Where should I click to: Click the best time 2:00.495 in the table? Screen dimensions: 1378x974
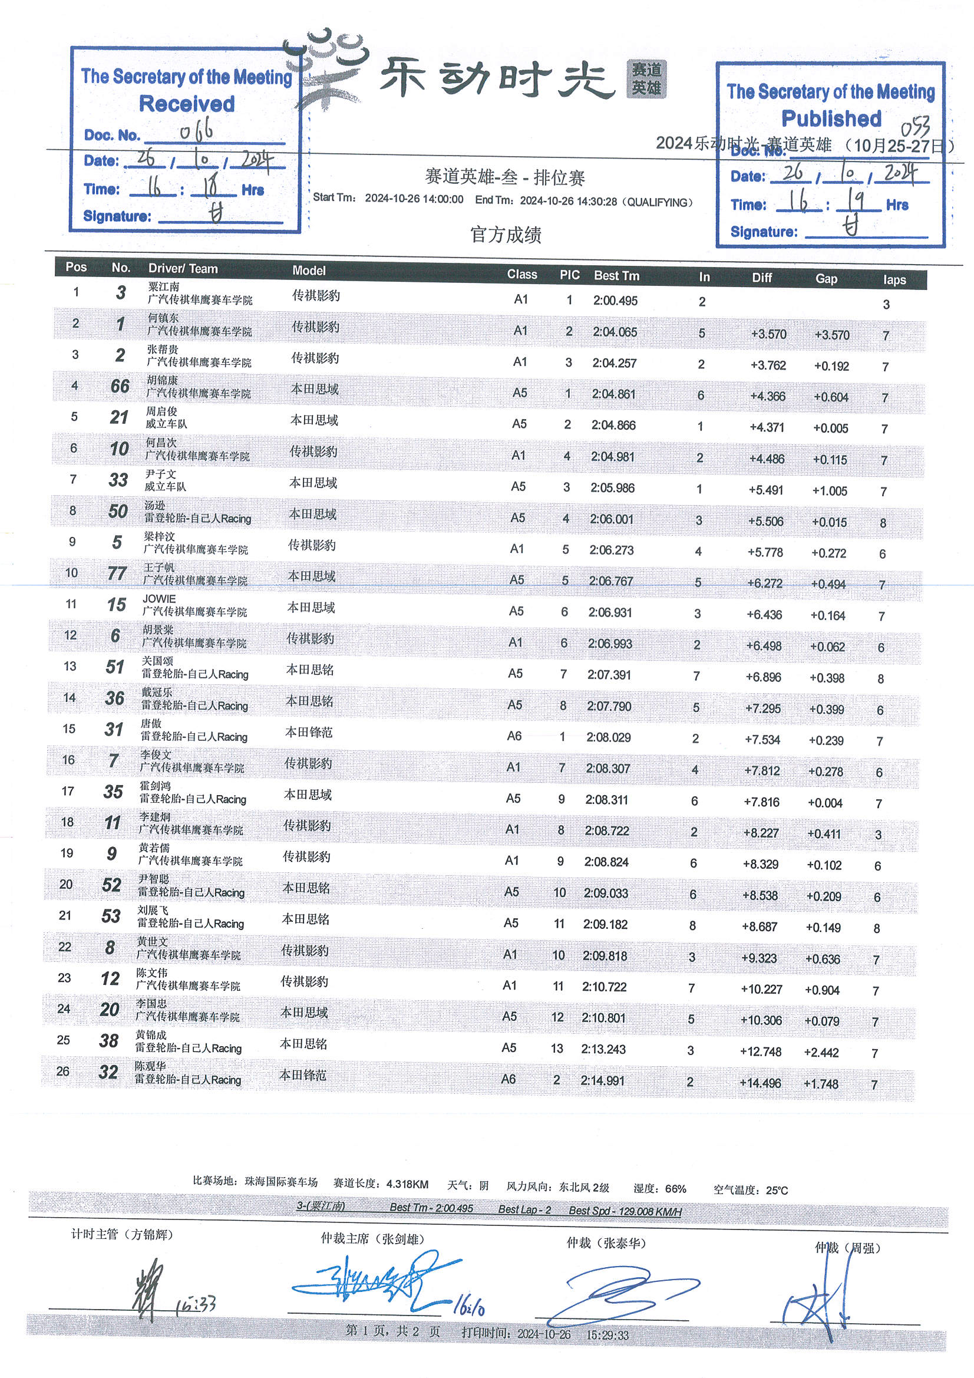[x=615, y=301]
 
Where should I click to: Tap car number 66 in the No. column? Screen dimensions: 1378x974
[x=120, y=386]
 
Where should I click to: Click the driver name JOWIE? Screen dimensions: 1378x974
[x=159, y=598]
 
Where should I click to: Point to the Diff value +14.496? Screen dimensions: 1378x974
[x=760, y=1083]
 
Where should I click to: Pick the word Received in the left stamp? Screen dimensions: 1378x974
[x=187, y=104]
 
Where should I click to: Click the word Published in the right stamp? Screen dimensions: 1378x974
[x=831, y=119]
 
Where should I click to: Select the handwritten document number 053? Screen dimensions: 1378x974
[x=915, y=127]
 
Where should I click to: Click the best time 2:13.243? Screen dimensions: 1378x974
[x=603, y=1049]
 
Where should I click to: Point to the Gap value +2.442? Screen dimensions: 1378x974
[x=821, y=1052]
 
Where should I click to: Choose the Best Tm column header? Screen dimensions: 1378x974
[x=616, y=276]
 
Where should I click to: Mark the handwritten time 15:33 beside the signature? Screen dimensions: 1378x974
[x=196, y=1304]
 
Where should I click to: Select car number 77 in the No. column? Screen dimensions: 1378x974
[x=117, y=573]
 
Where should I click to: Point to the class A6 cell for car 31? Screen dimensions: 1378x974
[x=514, y=736]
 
